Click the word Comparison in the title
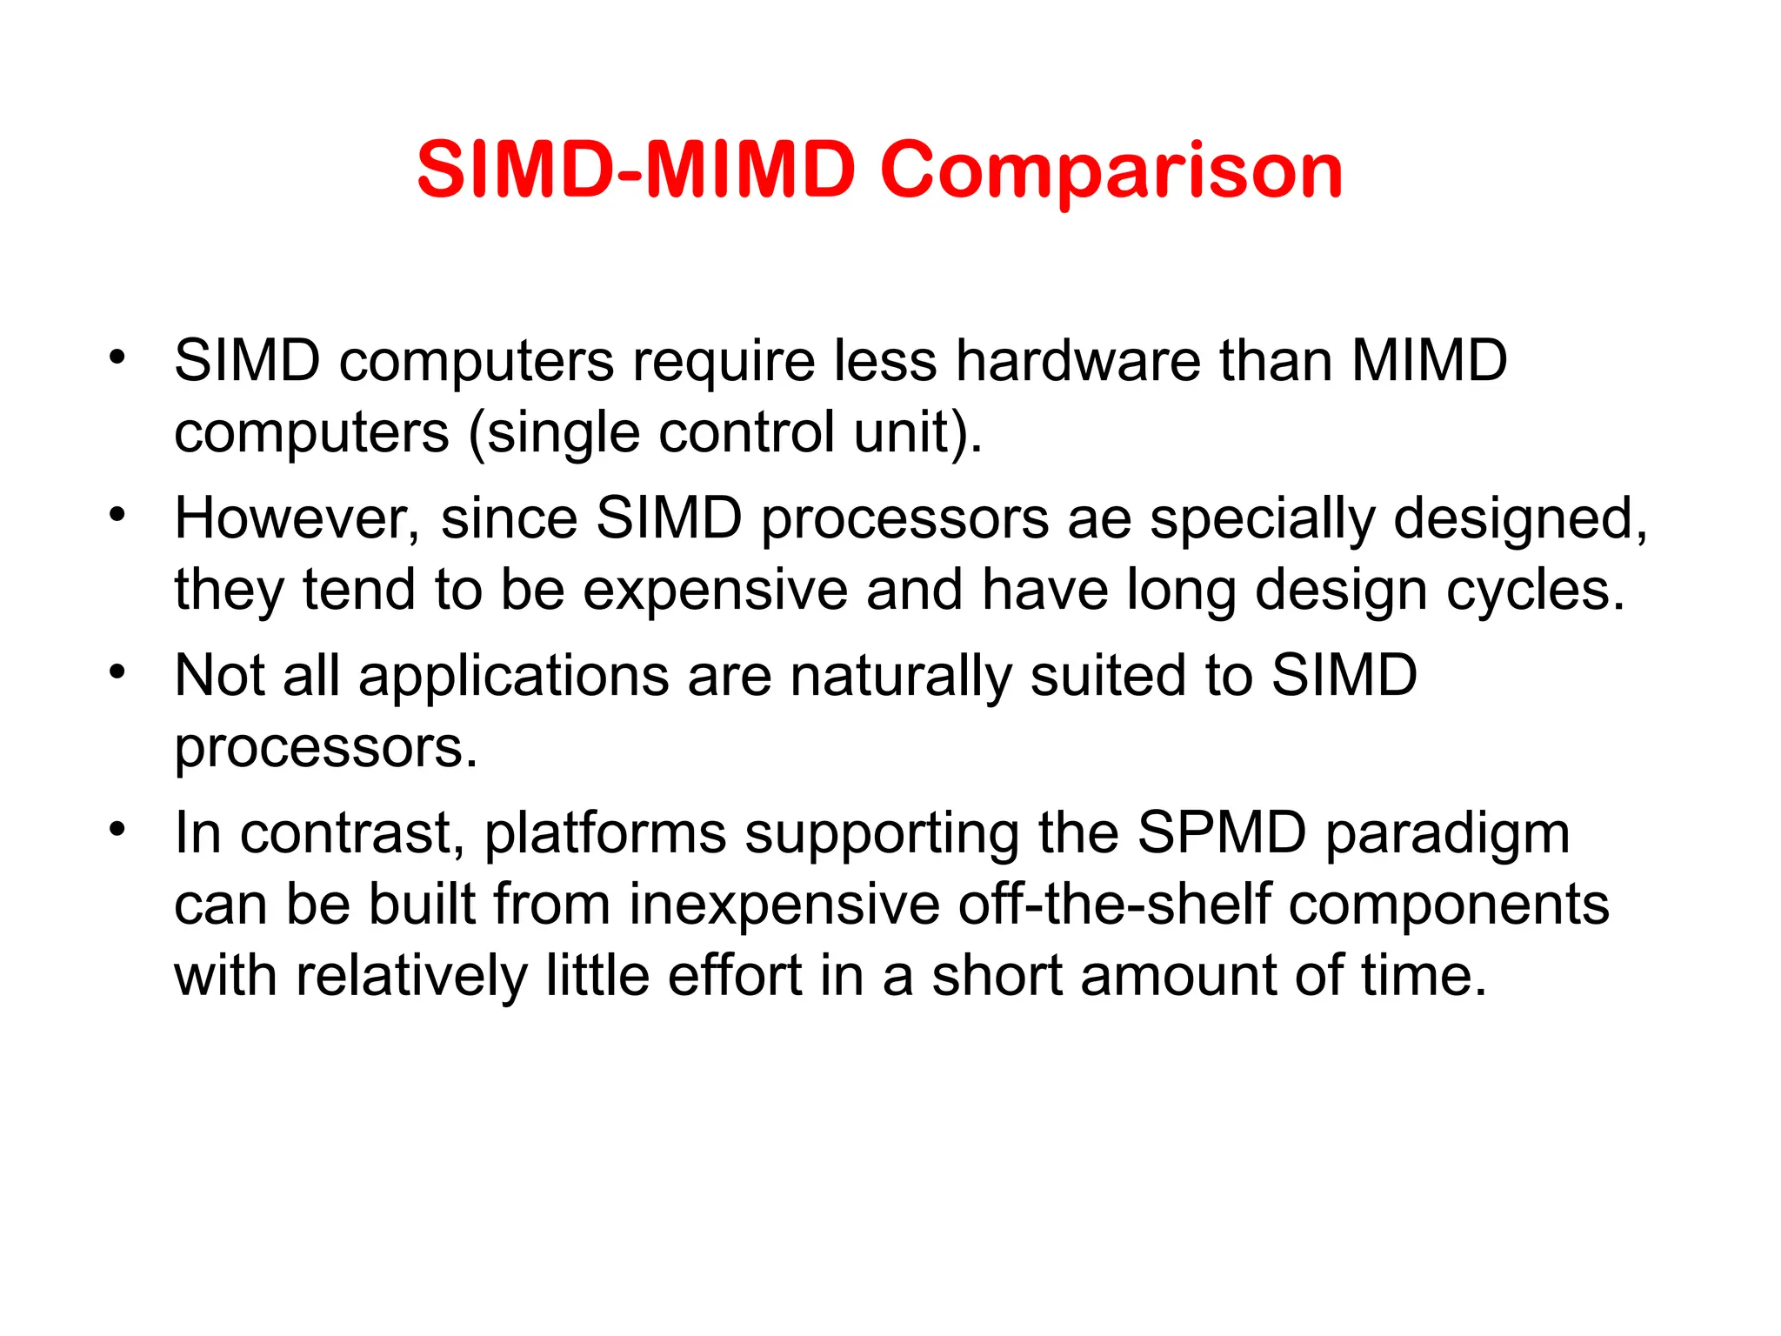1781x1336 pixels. pos(1111,170)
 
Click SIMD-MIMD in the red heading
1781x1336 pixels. pos(637,170)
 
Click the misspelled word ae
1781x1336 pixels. pos(1099,519)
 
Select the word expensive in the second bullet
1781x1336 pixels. pos(715,591)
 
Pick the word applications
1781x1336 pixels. pos(513,676)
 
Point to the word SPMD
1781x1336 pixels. pos(1222,833)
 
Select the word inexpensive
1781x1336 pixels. pos(784,905)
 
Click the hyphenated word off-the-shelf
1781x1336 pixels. pos(1114,905)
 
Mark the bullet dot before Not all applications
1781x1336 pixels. pos(117,672)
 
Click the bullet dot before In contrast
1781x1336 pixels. pos(117,830)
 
